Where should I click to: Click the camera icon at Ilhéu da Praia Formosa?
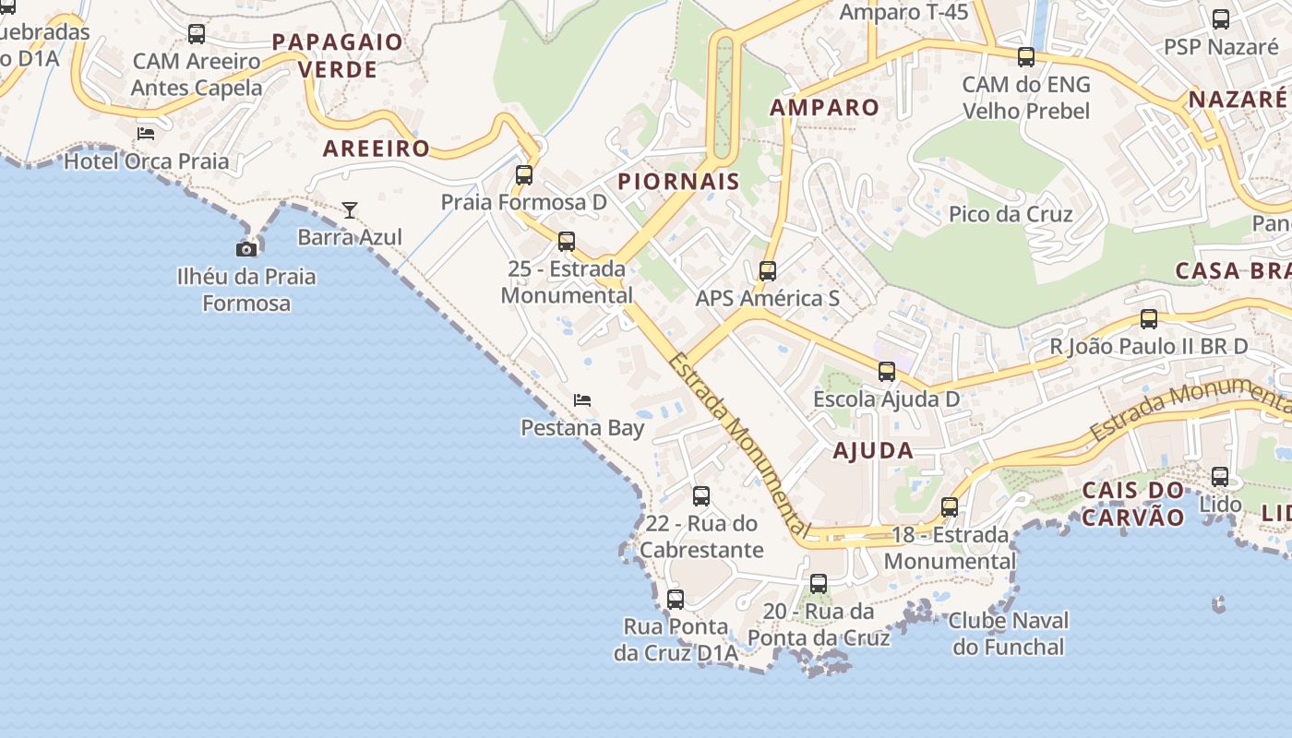[246, 249]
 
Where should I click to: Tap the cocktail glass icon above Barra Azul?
[350, 210]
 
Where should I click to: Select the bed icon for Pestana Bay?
[582, 400]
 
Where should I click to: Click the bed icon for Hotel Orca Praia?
[146, 134]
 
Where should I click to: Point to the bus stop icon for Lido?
[1220, 477]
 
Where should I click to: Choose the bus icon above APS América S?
[768, 271]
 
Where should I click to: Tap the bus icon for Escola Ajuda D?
[887, 372]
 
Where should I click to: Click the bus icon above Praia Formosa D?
[524, 174]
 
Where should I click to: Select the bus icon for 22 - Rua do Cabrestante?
[701, 496]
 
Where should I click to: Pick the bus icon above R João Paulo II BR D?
[1149, 319]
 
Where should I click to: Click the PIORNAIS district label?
[679, 182]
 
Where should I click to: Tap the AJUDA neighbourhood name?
[873, 451]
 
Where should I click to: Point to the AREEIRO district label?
[377, 149]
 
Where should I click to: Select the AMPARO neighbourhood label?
[825, 107]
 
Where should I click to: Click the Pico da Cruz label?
[1011, 215]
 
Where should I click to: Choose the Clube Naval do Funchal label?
[1009, 634]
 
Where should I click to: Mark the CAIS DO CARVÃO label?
[1132, 504]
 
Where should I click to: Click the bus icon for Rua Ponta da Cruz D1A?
[676, 600]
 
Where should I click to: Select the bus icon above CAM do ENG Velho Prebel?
[1026, 57]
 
